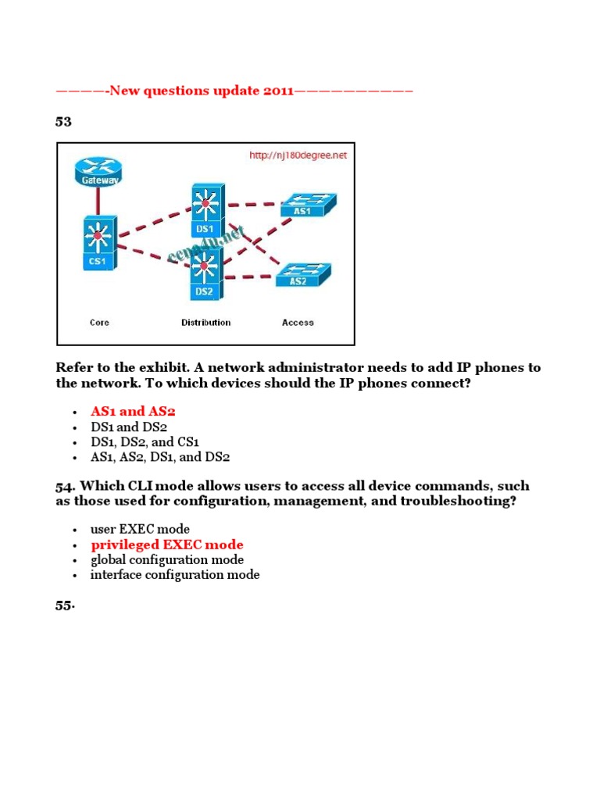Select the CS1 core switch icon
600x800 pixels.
(x=98, y=243)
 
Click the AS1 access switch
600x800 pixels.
(x=307, y=206)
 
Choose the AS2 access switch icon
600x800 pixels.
(x=302, y=275)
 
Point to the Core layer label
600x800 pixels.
(x=99, y=322)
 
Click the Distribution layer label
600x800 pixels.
(x=205, y=322)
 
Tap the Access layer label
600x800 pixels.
(x=298, y=322)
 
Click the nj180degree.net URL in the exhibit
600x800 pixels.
(x=298, y=155)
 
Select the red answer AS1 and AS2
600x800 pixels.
(x=138, y=411)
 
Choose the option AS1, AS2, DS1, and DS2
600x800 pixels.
(x=160, y=457)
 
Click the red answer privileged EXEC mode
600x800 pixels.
(x=167, y=545)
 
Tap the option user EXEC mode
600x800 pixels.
(x=140, y=529)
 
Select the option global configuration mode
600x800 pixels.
(x=167, y=559)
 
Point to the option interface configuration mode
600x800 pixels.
(x=175, y=574)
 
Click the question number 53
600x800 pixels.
(x=63, y=121)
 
